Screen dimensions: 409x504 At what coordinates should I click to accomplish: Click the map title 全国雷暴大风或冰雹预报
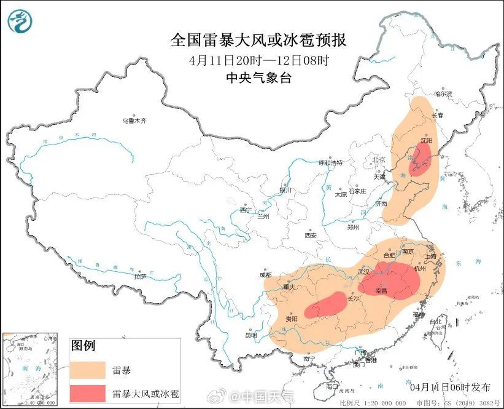(258, 41)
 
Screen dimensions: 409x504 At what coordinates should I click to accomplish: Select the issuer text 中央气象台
(258, 78)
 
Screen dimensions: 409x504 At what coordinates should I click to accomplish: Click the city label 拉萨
(140, 276)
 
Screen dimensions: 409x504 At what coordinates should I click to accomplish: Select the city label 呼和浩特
(330, 163)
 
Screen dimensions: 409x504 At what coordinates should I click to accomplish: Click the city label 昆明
(252, 335)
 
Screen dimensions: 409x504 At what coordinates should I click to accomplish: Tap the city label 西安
(310, 235)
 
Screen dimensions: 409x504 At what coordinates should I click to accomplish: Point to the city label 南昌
(381, 289)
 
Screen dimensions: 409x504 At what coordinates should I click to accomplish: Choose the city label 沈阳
(427, 140)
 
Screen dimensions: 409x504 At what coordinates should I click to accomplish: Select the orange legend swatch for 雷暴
(88, 370)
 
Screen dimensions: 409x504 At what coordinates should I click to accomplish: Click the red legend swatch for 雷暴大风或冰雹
(88, 393)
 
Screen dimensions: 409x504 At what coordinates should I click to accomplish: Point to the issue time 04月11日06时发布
(450, 387)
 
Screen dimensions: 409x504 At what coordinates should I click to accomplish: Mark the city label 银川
(284, 190)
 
